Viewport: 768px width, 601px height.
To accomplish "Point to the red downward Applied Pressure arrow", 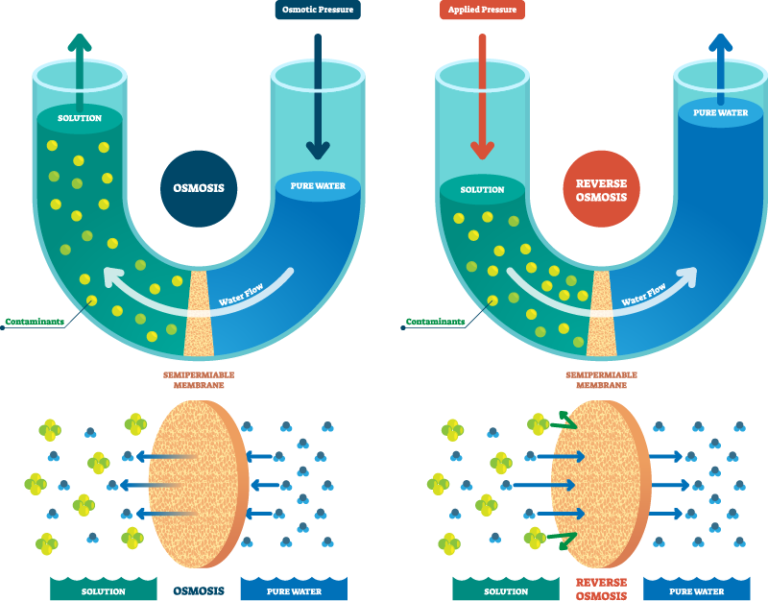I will [x=482, y=95].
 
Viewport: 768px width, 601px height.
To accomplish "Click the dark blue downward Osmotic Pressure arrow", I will [x=318, y=95].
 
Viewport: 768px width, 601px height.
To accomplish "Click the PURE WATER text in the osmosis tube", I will [x=317, y=187].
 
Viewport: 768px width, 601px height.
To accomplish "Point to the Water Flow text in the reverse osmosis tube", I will [x=645, y=295].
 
